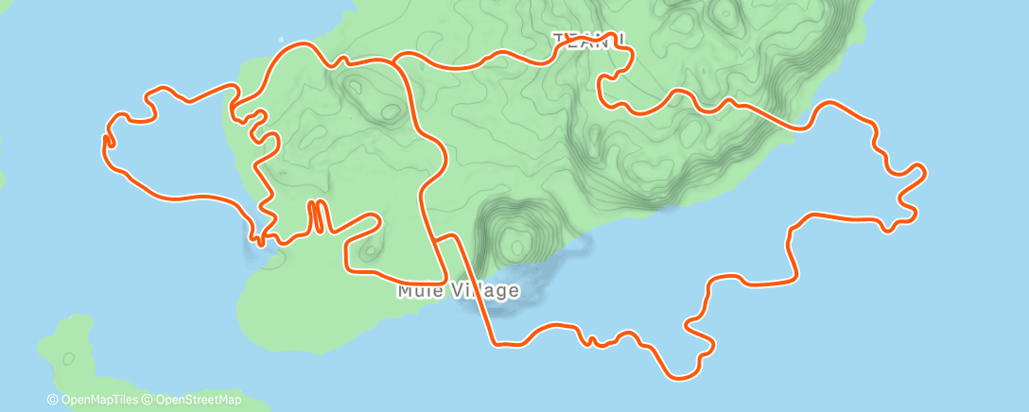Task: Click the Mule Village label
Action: [x=459, y=290]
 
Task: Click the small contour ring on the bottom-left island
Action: [x=68, y=358]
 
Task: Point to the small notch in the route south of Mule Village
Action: [x=590, y=339]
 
